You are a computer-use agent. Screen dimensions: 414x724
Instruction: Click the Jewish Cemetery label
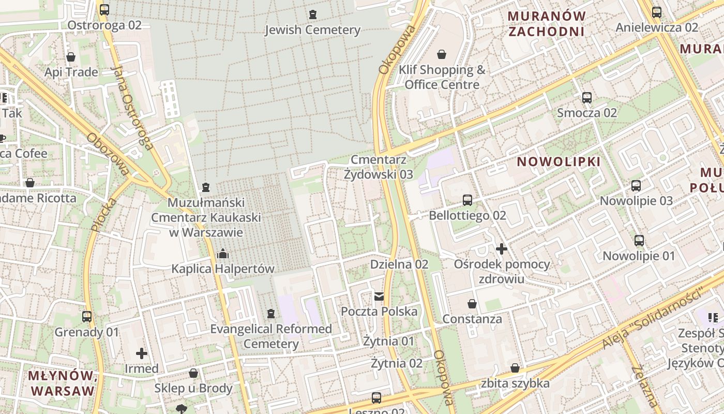(312, 30)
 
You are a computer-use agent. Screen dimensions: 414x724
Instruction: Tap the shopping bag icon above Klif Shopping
(442, 54)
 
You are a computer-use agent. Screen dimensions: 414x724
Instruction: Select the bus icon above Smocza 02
(587, 97)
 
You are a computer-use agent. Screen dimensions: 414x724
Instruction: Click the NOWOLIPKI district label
(559, 162)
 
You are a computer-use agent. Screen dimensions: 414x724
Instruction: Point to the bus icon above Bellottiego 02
(467, 200)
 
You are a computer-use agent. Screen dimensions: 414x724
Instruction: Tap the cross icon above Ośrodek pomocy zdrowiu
(501, 249)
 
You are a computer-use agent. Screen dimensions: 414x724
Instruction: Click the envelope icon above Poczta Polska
(379, 296)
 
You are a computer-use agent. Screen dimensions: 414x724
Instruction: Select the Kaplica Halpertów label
(223, 269)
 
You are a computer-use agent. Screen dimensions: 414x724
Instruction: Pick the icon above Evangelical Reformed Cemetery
(270, 314)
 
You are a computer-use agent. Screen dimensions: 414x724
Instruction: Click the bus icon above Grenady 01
(87, 316)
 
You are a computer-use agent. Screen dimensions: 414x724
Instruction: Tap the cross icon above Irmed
(141, 353)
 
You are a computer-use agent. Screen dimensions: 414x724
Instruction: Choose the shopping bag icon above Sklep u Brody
(193, 373)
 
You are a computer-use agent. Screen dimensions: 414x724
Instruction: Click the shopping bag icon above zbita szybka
(515, 368)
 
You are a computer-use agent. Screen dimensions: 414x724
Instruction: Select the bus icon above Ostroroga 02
(104, 9)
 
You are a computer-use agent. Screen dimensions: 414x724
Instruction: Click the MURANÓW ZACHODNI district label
(547, 24)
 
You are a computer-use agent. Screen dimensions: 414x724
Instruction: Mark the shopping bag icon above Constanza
(472, 303)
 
